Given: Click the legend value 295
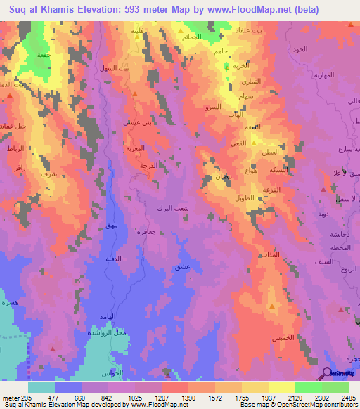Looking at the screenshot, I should click(22, 397).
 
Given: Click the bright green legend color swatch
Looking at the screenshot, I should click(309, 387).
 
